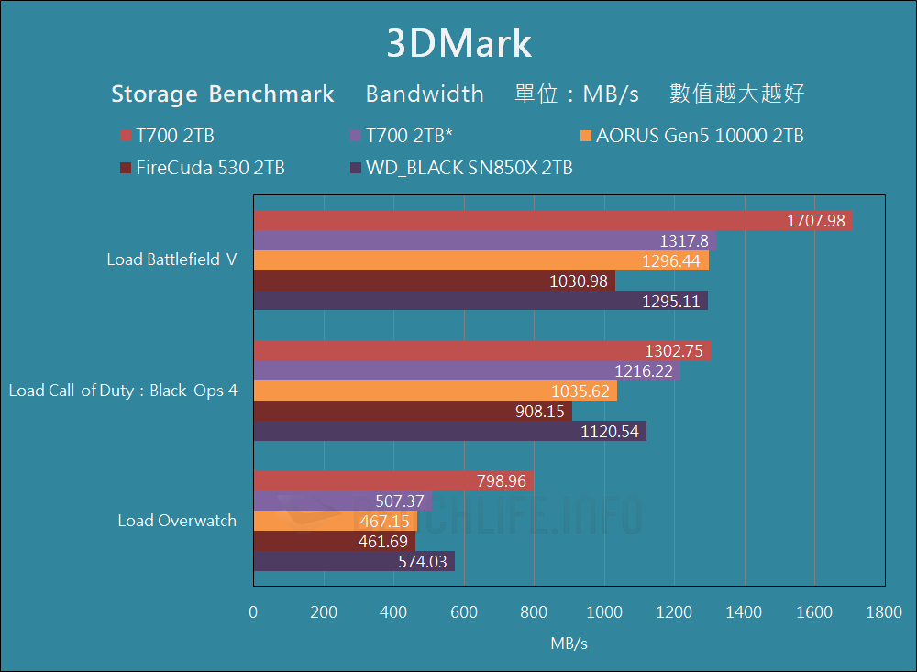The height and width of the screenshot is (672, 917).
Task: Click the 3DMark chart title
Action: click(458, 44)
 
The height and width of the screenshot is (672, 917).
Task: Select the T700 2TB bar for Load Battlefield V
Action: click(550, 221)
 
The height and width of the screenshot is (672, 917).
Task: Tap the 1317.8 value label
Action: click(684, 241)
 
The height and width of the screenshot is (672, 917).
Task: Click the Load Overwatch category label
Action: click(177, 521)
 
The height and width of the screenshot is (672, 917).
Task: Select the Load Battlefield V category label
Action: click(171, 259)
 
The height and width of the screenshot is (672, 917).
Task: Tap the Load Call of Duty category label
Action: click(123, 391)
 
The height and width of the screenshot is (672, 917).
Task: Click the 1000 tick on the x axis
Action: click(603, 612)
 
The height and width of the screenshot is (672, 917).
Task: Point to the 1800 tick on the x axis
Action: click(884, 612)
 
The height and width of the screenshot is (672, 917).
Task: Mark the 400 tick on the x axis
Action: click(393, 612)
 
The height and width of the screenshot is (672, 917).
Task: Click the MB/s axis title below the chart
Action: click(569, 644)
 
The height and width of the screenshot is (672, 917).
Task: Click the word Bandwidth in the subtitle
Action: click(425, 94)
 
